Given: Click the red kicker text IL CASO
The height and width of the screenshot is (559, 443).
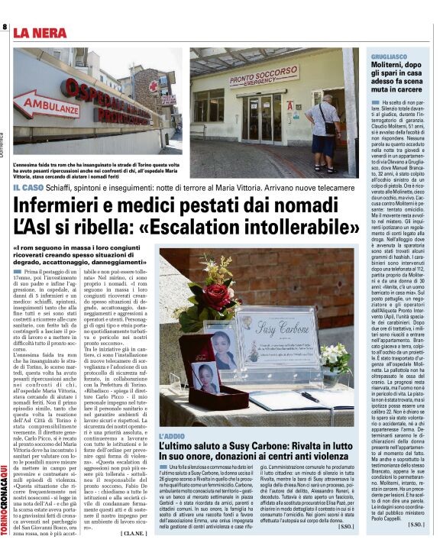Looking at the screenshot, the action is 27,188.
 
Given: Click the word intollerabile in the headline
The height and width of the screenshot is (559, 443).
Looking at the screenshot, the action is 293,228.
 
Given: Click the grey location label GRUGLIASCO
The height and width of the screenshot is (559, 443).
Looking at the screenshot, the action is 388,57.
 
